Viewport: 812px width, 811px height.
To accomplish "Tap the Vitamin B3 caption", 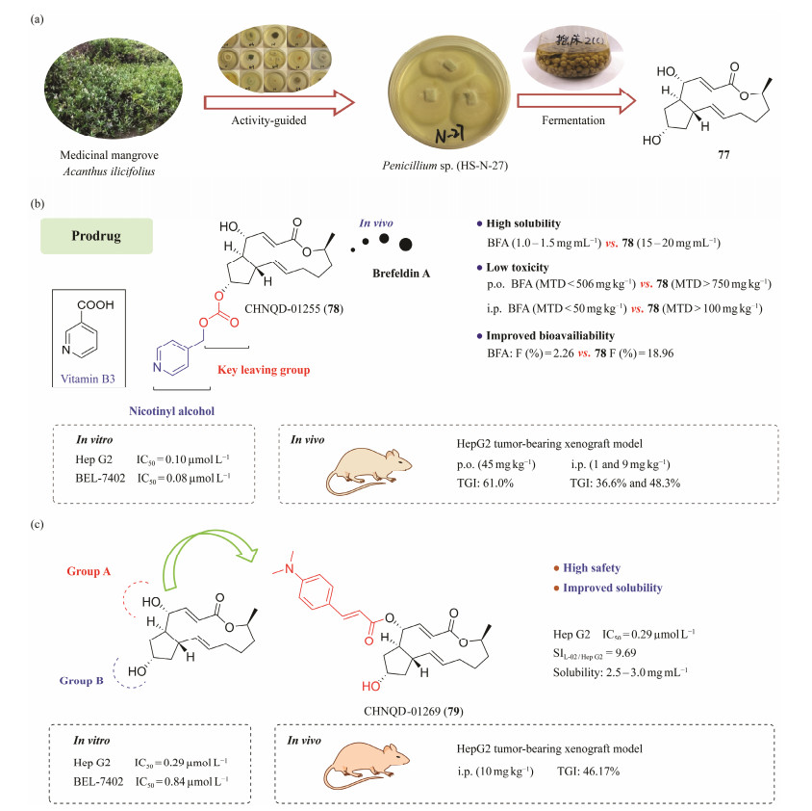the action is (x=88, y=378).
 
